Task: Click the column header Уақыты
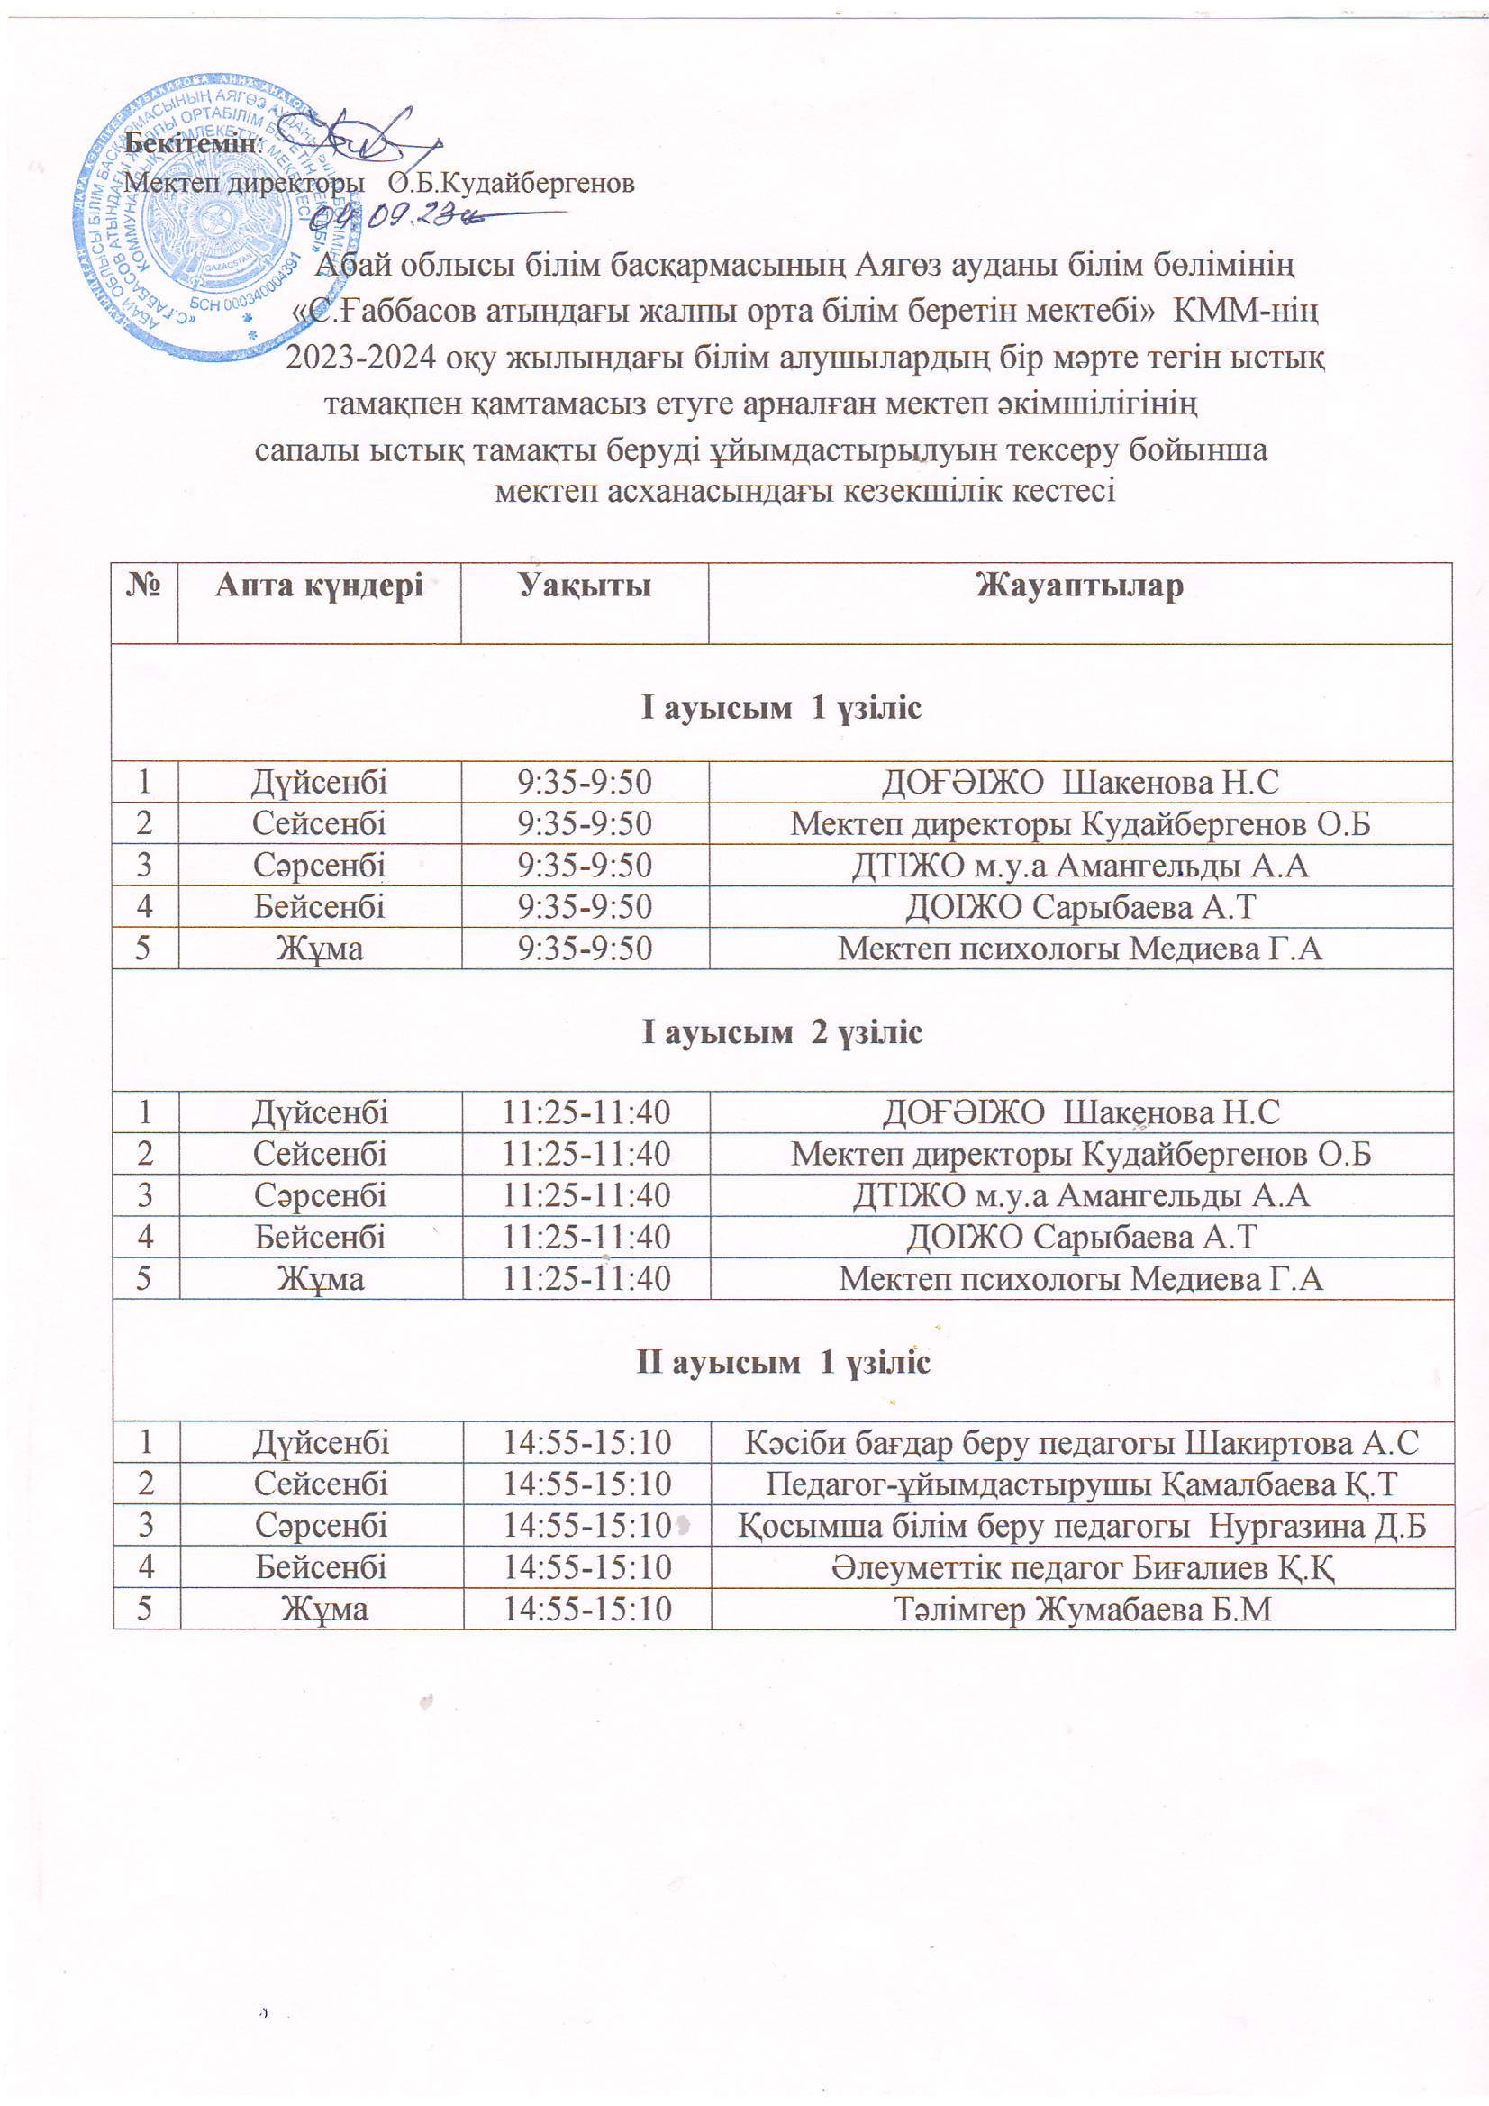585,586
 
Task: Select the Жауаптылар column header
1079,586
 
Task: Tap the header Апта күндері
318,586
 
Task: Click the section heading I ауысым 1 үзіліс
781,707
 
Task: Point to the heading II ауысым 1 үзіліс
783,1362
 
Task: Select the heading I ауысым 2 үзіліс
782,1032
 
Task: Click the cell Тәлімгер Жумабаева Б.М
1083,1610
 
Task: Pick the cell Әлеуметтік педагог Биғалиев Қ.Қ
1083,1567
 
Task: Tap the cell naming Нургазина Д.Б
1083,1525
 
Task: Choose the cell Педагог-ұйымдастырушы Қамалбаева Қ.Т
1083,1484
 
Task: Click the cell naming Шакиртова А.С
1083,1443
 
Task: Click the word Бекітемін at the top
191,143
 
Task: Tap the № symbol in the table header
144,586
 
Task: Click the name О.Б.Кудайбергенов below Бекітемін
511,184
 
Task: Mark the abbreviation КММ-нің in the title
1246,311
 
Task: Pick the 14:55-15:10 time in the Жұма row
587,1610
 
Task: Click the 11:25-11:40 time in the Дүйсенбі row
586,1112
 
